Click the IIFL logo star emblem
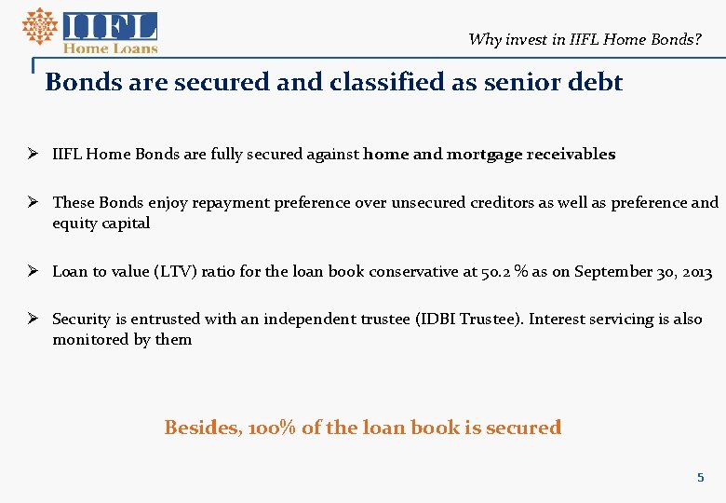[x=39, y=26]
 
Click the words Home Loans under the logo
[x=110, y=48]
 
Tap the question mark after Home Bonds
[x=698, y=39]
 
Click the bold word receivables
[x=571, y=155]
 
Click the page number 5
[x=701, y=478]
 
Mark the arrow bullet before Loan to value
[x=33, y=272]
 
